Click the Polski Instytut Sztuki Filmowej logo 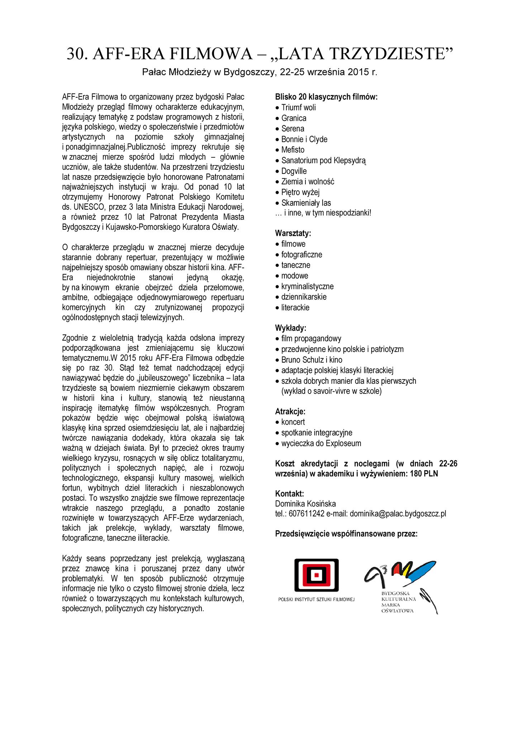pyautogui.click(x=316, y=580)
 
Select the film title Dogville pyautogui.click(x=294, y=171)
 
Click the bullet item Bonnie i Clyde pyautogui.click(x=304, y=139)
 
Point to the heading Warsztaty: pyautogui.click(x=293, y=233)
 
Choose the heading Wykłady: pyautogui.click(x=291, y=328)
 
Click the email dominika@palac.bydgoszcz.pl pyautogui.click(x=398, y=514)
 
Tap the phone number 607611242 pyautogui.click(x=306, y=514)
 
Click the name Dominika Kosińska pyautogui.click(x=305, y=504)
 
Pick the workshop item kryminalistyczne pyautogui.click(x=307, y=286)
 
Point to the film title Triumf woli pyautogui.click(x=299, y=108)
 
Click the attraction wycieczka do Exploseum pyautogui.click(x=321, y=443)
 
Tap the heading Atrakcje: pyautogui.click(x=290, y=411)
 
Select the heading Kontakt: pyautogui.click(x=290, y=494)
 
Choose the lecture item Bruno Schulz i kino pyautogui.click(x=311, y=360)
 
